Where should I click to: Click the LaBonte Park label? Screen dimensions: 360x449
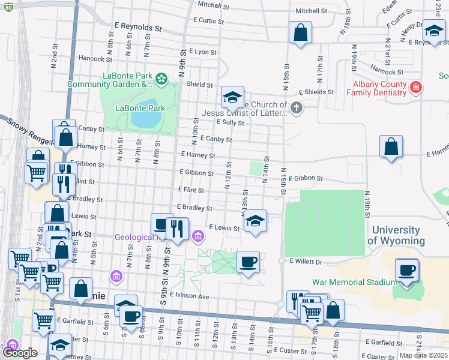tap(139, 109)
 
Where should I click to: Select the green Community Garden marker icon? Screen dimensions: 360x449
tap(161, 79)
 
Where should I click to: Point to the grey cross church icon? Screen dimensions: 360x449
tap(295, 108)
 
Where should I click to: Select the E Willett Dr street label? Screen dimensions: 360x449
tap(306, 262)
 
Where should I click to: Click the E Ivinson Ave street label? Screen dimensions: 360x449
tap(189, 296)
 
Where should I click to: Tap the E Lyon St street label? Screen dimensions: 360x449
tap(200, 52)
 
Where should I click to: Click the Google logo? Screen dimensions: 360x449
tap(20, 353)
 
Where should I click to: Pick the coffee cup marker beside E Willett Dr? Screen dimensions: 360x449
tap(248, 262)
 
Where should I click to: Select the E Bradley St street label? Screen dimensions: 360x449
tap(194, 208)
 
